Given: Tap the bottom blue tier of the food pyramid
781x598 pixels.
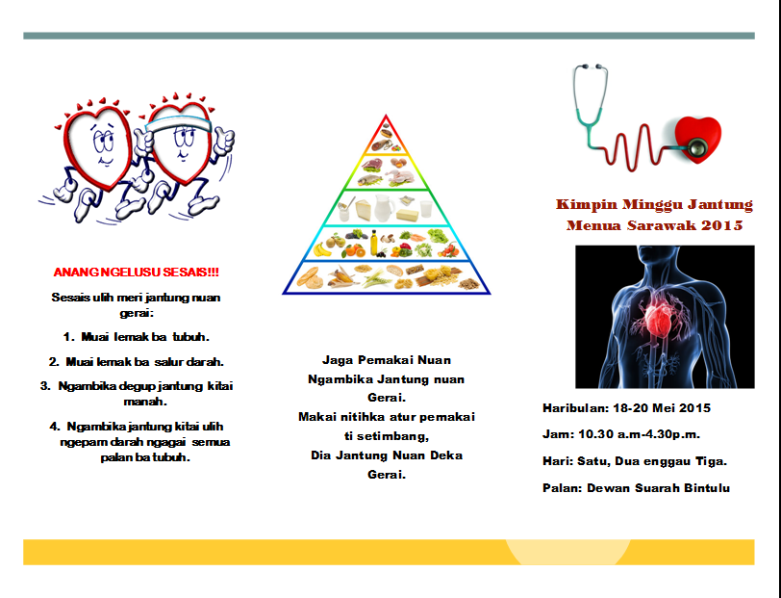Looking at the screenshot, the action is point(387,277).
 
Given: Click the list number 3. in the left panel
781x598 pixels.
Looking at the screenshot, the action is point(46,386).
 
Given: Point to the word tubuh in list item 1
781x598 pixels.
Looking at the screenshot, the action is point(189,337).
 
